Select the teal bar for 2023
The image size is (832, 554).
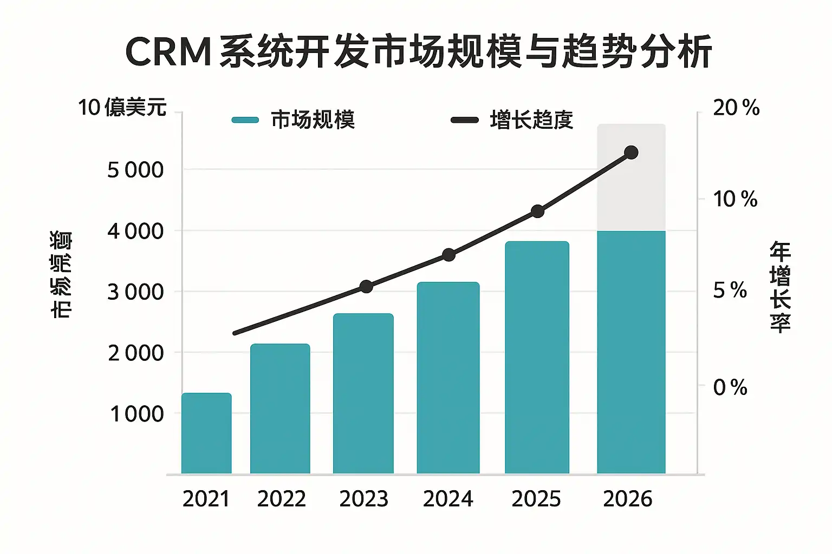click(x=363, y=393)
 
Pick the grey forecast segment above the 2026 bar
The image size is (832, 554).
click(x=631, y=177)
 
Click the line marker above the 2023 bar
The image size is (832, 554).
click(x=366, y=286)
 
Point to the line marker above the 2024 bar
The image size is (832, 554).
click(x=448, y=255)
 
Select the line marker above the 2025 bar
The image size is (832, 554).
click(x=537, y=211)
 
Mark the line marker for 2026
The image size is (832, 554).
click(x=631, y=153)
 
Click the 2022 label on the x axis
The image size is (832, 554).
click(x=281, y=499)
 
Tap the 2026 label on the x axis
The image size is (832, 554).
click(x=627, y=499)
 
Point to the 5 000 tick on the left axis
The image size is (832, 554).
click(x=135, y=170)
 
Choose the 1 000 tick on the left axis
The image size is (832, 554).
click(x=136, y=414)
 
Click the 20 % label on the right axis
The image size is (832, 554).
click(x=736, y=108)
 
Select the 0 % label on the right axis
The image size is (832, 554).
click(x=730, y=387)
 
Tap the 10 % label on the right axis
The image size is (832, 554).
click(x=734, y=199)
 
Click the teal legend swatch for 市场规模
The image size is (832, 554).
click(x=245, y=120)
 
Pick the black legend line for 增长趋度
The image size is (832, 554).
click(x=464, y=120)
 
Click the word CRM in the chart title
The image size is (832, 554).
click(x=168, y=52)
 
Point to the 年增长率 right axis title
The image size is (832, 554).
click(x=780, y=287)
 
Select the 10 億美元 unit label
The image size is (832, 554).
click(x=122, y=107)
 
